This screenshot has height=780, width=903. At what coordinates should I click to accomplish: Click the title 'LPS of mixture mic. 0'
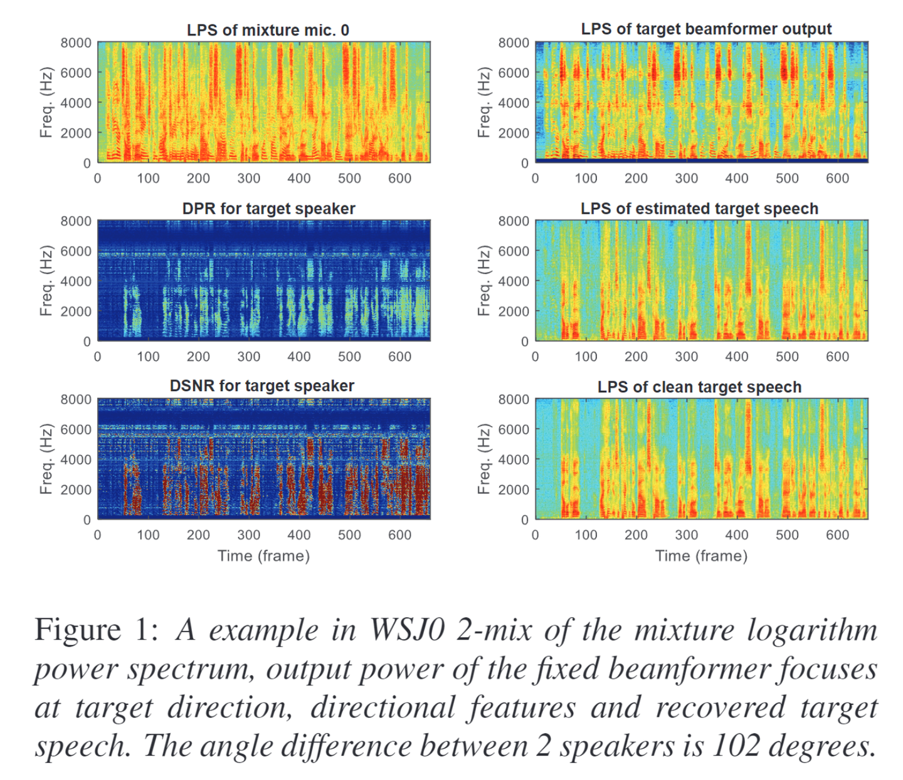tap(268, 30)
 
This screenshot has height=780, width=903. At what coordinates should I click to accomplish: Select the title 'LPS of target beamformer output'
tap(706, 29)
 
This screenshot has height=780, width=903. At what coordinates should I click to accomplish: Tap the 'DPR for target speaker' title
tap(268, 209)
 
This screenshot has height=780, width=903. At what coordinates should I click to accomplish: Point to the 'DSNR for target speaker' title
tap(262, 386)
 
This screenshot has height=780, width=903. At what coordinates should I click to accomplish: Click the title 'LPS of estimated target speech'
tap(699, 209)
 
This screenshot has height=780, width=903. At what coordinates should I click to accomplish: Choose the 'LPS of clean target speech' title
tap(699, 387)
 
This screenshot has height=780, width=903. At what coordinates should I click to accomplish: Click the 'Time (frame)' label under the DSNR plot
tap(263, 556)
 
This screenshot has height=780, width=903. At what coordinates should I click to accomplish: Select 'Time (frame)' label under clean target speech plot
tap(701, 556)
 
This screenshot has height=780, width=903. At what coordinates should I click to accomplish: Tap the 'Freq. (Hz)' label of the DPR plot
tap(45, 281)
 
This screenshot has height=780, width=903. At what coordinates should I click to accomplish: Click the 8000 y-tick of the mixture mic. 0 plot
tap(76, 43)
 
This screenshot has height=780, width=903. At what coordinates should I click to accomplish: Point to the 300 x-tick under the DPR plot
tap(248, 356)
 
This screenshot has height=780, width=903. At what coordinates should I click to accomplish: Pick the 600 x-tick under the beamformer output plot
tap(837, 178)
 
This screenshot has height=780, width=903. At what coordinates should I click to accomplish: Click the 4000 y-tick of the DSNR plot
tap(76, 459)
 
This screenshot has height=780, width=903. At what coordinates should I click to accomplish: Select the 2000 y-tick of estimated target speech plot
tap(514, 311)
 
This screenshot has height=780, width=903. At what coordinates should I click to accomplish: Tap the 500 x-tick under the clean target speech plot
tap(787, 535)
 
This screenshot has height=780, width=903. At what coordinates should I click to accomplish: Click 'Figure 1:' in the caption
tap(97, 630)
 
